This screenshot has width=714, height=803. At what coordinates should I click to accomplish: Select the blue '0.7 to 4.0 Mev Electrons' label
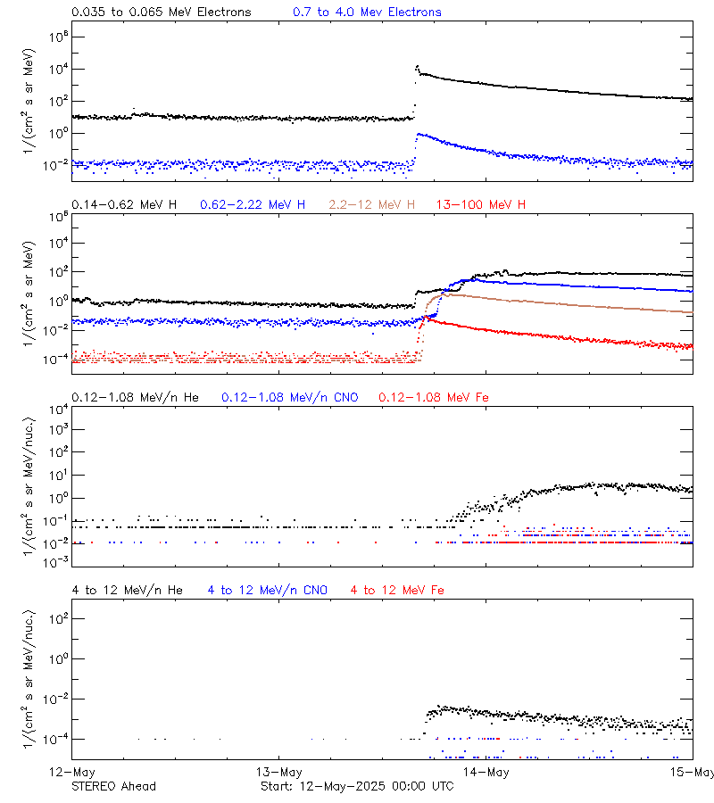(367, 12)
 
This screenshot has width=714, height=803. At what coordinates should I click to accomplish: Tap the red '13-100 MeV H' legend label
(480, 205)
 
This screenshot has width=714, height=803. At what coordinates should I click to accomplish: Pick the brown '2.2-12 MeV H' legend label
(374, 205)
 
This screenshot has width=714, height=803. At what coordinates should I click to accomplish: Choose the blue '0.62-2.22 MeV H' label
(253, 205)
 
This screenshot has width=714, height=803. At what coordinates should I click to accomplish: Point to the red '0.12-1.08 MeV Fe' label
(434, 397)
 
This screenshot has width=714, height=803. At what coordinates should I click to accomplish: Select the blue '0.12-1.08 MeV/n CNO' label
(290, 397)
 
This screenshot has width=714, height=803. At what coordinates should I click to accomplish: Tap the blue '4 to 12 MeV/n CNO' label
(268, 591)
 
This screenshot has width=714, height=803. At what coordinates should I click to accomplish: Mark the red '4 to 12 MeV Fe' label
(397, 591)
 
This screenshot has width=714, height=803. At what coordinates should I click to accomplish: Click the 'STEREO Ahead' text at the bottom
(113, 786)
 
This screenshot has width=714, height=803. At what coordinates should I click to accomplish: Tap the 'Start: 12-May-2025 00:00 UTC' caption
(356, 786)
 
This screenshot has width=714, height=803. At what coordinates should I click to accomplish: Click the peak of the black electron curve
(417, 66)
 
